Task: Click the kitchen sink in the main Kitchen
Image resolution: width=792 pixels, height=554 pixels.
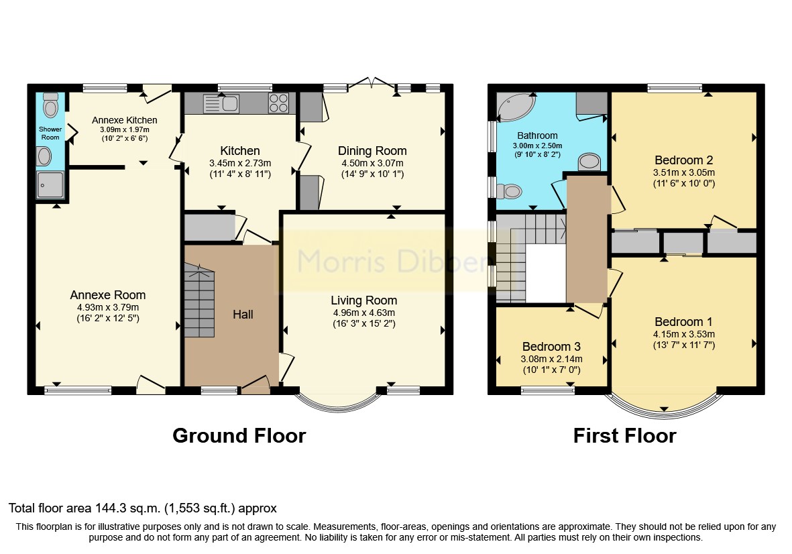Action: [222, 104]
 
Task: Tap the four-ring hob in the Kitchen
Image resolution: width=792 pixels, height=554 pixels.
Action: [278, 103]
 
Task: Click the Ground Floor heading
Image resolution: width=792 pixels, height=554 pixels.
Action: [239, 436]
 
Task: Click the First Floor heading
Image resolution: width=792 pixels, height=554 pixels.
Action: [624, 436]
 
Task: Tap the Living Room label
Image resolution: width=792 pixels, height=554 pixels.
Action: [363, 300]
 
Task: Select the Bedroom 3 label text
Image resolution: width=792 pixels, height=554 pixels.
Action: [551, 347]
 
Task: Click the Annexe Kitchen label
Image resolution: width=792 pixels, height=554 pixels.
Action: [124, 120]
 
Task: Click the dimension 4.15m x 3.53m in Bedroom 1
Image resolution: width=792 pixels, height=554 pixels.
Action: [684, 334]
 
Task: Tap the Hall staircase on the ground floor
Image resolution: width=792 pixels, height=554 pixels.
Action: [200, 302]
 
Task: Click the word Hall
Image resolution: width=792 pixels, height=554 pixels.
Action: [243, 314]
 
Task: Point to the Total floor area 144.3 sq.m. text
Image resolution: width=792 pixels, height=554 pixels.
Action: [142, 508]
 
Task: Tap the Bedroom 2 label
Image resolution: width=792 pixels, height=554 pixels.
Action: [683, 160]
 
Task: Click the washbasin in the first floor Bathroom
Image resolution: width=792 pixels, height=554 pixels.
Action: [589, 162]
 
